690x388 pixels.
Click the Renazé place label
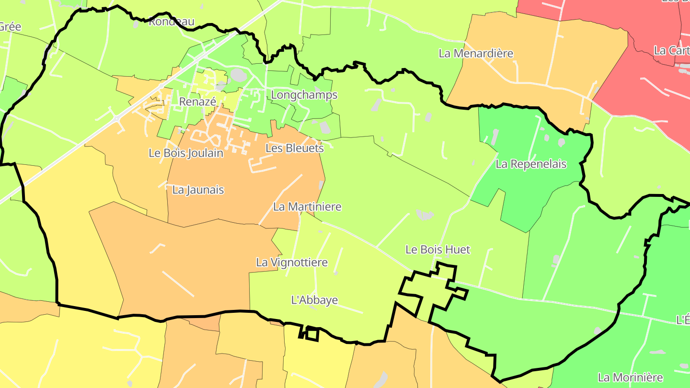197,102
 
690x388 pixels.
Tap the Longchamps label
304,95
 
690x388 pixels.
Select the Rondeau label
172,22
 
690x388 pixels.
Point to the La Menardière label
476,53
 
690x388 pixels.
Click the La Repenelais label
531,164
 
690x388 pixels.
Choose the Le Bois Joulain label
186,153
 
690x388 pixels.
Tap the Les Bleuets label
295,148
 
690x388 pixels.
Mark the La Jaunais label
198,190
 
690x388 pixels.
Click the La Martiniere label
307,206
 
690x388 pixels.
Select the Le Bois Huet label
438,249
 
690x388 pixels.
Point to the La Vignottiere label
292,262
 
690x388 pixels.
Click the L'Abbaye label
315,300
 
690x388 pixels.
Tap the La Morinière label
630,377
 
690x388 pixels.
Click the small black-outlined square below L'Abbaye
312,334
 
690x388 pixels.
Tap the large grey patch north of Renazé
238,75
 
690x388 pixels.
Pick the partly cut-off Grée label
10,26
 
